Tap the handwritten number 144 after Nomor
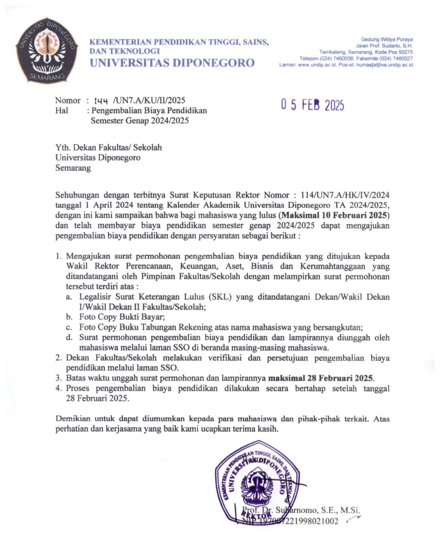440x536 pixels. (101, 101)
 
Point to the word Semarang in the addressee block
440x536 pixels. (73, 168)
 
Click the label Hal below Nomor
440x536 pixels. (62, 111)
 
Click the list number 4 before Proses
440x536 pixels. (59, 388)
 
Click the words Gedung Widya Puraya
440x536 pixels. (387, 40)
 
